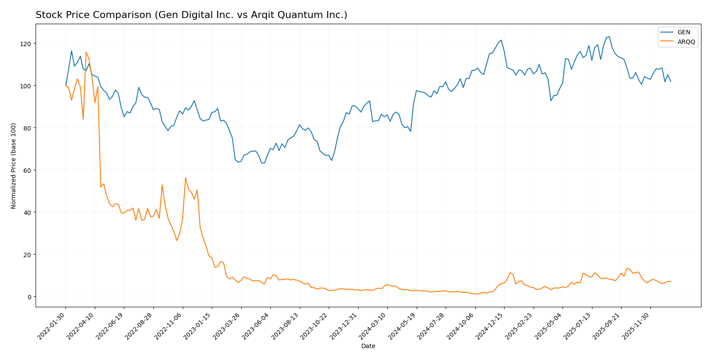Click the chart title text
coord(191,15)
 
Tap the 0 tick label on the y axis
coord(29,297)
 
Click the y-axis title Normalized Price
coord(14,166)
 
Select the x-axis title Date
coord(368,346)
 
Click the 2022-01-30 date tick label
coord(52,326)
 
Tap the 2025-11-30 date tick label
coord(637,326)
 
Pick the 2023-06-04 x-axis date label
coord(257,326)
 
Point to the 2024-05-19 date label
coord(403,326)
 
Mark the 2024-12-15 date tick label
coord(490,326)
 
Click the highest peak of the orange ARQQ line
coord(86,52)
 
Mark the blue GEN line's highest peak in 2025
coord(609,36)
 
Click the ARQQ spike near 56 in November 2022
coord(185,178)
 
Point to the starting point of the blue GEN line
coord(65,85)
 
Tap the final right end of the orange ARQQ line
coord(671,282)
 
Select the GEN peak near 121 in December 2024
coord(501,40)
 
